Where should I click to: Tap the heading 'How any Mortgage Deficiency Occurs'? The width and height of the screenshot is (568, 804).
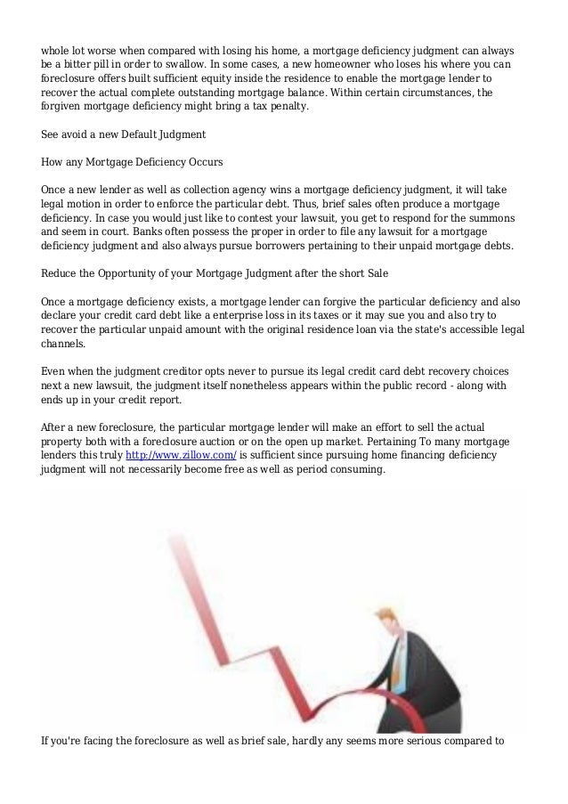pyautogui.click(x=133, y=163)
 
